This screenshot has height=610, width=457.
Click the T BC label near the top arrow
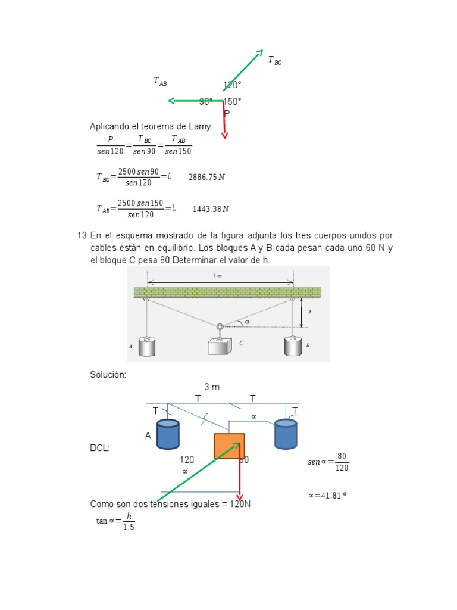274,60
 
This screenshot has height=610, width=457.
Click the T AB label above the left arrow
160,81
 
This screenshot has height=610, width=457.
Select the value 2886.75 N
206,177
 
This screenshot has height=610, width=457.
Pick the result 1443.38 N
211,209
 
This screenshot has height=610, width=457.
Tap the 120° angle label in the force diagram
232,85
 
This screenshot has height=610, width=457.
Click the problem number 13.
83,236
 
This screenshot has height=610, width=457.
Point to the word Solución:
108,374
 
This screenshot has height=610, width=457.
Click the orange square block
229,446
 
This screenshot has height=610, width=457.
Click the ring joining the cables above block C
220,326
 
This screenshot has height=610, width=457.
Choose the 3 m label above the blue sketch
212,387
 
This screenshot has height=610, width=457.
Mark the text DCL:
99,448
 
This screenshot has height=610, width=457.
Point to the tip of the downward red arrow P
224,137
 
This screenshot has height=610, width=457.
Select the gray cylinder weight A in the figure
147,346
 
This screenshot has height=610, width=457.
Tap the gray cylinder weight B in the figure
292,346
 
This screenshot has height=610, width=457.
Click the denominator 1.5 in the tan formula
129,527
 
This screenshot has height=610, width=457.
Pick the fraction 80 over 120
341,462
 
